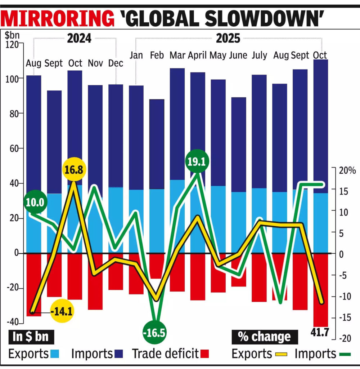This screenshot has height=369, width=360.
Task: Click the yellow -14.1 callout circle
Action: coord(62,311)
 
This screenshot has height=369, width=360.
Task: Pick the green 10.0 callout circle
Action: coord(35,202)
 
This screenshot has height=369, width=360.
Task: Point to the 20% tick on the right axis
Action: coord(347,170)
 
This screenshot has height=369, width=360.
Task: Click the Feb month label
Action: coord(157,55)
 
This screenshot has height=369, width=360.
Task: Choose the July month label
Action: coord(259,55)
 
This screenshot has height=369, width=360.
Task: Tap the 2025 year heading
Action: coord(228,38)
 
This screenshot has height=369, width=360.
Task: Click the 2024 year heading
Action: coord(79,38)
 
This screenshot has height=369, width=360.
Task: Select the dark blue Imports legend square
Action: coord(118,354)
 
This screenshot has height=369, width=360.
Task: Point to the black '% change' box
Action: coord(264,337)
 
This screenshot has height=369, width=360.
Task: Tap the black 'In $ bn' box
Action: coord(31,337)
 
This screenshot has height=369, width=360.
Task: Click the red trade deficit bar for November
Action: coord(95,281)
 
